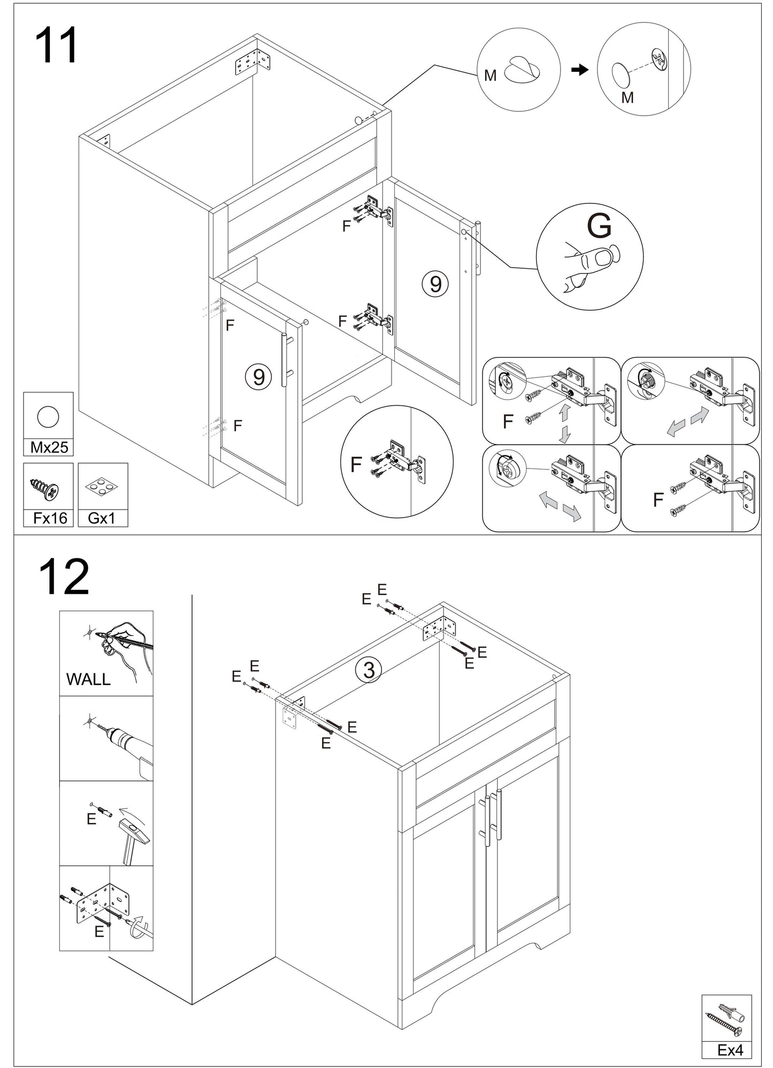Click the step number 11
pyautogui.click(x=56, y=46)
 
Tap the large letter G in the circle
pyautogui.click(x=600, y=227)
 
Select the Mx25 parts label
pyautogui.click(x=49, y=447)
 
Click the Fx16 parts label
pyautogui.click(x=50, y=518)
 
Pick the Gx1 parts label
pyautogui.click(x=102, y=518)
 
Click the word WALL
pyautogui.click(x=88, y=679)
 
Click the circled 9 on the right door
pyautogui.click(x=435, y=284)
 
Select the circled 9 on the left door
pyautogui.click(x=258, y=377)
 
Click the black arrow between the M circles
pyautogui.click(x=580, y=70)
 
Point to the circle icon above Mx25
pyautogui.click(x=47, y=416)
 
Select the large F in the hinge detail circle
pyautogui.click(x=356, y=465)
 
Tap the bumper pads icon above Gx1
pyautogui.click(x=103, y=487)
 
